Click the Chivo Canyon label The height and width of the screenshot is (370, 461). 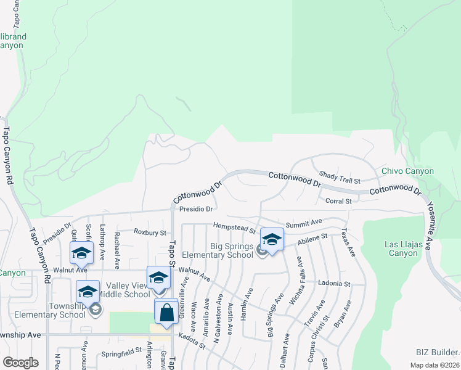pyautogui.click(x=407, y=171)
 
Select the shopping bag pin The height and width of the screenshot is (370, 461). pyautogui.click(x=168, y=312)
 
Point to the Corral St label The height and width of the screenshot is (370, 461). pyautogui.click(x=338, y=200)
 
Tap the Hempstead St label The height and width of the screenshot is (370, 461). pyautogui.click(x=234, y=229)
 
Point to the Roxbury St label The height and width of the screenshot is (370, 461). pyautogui.click(x=150, y=232)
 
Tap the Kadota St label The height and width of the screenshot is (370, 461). pyautogui.click(x=191, y=342)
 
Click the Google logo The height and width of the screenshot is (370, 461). pyautogui.click(x=20, y=362)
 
